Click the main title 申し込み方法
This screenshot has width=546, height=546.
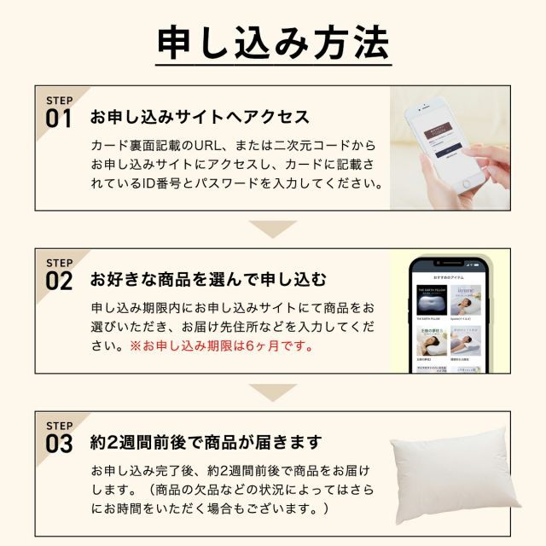[273, 43]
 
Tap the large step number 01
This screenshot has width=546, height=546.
[59, 119]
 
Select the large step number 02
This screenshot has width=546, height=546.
[59, 282]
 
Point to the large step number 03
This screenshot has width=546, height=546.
[59, 444]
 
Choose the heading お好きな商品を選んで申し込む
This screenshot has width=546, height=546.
[209, 279]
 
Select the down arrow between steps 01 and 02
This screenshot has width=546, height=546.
[272, 229]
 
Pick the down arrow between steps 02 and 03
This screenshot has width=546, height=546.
[272, 392]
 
